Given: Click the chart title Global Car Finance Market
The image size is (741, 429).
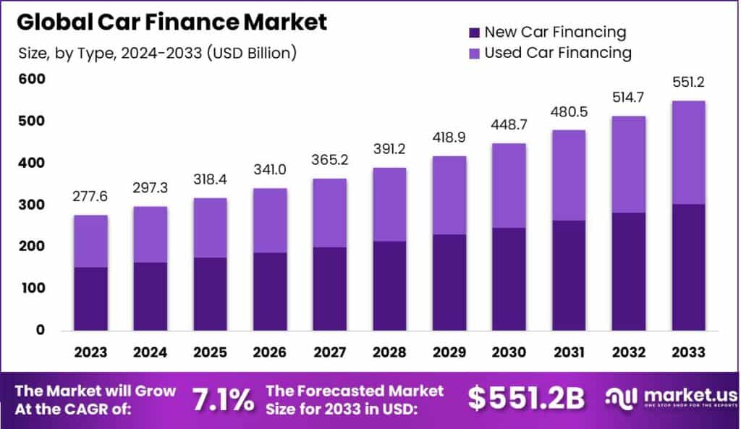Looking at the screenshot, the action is point(172,22).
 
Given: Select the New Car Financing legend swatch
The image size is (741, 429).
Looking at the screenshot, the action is point(474,33).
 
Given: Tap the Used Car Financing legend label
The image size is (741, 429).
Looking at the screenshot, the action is point(558,53).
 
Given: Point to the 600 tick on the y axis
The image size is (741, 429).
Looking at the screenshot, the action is point(32,79).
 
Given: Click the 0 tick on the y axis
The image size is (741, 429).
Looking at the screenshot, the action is point(41,330).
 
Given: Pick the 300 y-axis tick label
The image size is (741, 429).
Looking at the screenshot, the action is point(32,205).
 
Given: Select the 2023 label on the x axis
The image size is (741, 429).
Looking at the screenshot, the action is point(90,352).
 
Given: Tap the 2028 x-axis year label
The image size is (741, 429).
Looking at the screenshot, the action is point(389,352).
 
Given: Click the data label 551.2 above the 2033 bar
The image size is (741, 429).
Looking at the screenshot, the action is point(688,82).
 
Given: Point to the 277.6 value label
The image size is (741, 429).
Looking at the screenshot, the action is point(90,196).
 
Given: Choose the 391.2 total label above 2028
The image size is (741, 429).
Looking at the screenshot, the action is point(389,149).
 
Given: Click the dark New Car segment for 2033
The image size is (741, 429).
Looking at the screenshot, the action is point(688,268).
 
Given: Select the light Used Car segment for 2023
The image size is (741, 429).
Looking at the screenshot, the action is point(90,242).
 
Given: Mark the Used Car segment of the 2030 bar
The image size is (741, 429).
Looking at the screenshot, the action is point(509,186).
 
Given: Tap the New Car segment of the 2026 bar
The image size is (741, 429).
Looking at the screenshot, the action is point(269,292).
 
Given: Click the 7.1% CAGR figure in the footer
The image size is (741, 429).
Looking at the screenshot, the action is point(223,400).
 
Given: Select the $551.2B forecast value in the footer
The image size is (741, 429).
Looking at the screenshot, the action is point(526,398).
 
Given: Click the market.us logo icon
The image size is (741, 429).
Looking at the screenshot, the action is point(621,399).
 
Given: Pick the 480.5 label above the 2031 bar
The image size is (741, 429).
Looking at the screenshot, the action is point(569,112).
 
